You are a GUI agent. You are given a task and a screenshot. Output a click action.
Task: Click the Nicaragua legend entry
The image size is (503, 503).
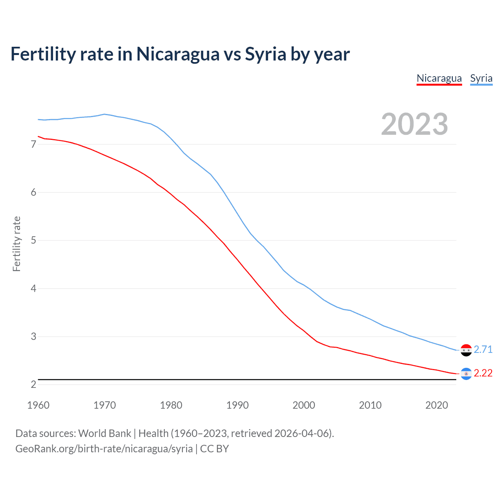point(439,78)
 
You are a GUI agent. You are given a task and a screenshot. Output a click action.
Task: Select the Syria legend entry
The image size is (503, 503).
point(481,78)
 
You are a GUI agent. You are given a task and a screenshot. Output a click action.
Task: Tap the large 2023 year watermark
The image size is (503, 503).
point(415,124)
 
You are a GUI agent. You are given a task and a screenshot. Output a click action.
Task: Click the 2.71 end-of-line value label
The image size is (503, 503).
point(483,349)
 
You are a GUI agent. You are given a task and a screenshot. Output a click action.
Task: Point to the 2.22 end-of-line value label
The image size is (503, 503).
point(483,373)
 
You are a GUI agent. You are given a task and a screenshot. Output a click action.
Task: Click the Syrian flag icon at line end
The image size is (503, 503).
point(466,350)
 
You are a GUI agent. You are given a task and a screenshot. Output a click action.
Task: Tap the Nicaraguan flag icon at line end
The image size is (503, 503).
point(466,373)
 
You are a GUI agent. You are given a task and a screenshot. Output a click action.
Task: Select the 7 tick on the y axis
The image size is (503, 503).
point(33,145)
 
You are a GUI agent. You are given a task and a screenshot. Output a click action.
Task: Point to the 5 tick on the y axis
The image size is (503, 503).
point(33,240)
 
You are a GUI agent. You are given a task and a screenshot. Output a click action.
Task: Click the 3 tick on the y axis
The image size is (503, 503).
point(33,337)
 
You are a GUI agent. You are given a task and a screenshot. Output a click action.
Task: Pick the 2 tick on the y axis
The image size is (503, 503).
point(33,385)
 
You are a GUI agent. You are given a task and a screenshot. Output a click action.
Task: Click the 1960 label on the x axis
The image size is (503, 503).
point(38,405)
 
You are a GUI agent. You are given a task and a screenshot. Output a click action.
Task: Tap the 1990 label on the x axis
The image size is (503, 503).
point(237,405)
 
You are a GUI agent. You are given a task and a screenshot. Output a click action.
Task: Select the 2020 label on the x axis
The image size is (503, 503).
point(437,405)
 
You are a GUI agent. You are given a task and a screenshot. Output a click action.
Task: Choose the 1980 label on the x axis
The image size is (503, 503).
point(171,405)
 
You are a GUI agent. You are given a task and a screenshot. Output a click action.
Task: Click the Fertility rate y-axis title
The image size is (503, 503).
point(17,244)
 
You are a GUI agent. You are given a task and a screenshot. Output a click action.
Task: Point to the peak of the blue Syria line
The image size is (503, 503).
point(104,114)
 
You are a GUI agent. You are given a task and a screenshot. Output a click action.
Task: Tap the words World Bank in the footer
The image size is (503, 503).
point(105,433)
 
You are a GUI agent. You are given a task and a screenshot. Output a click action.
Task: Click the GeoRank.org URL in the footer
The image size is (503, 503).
point(104,449)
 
